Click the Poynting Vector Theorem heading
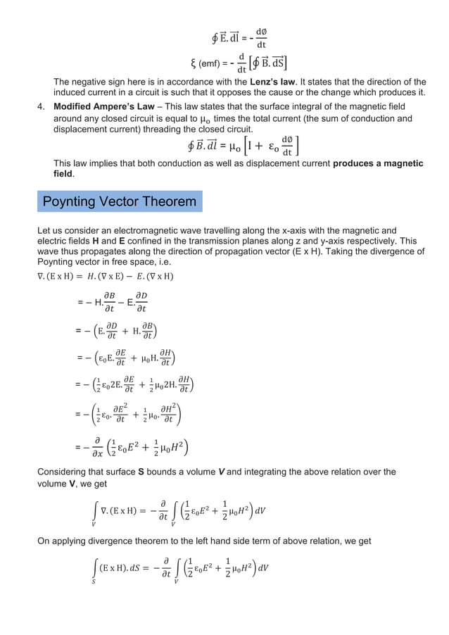pos(120,202)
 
